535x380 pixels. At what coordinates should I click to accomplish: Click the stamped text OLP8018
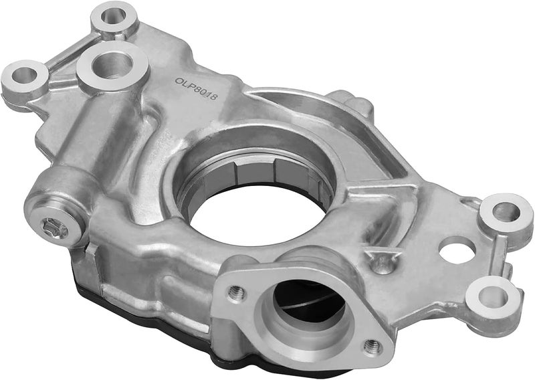(196, 89)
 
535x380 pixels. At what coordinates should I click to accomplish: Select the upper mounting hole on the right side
(506, 211)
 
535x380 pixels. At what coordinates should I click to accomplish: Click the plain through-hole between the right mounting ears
(457, 250)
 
